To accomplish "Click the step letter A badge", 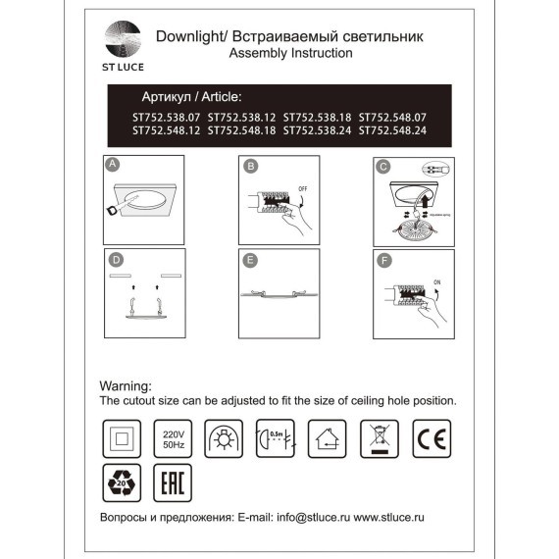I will click(x=113, y=165).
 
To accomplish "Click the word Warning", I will click(x=127, y=386).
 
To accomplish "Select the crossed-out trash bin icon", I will click(x=379, y=436).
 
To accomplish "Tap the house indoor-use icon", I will click(x=326, y=436).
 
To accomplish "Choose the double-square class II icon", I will click(x=120, y=436).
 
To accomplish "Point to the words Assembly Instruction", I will click(x=289, y=54).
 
